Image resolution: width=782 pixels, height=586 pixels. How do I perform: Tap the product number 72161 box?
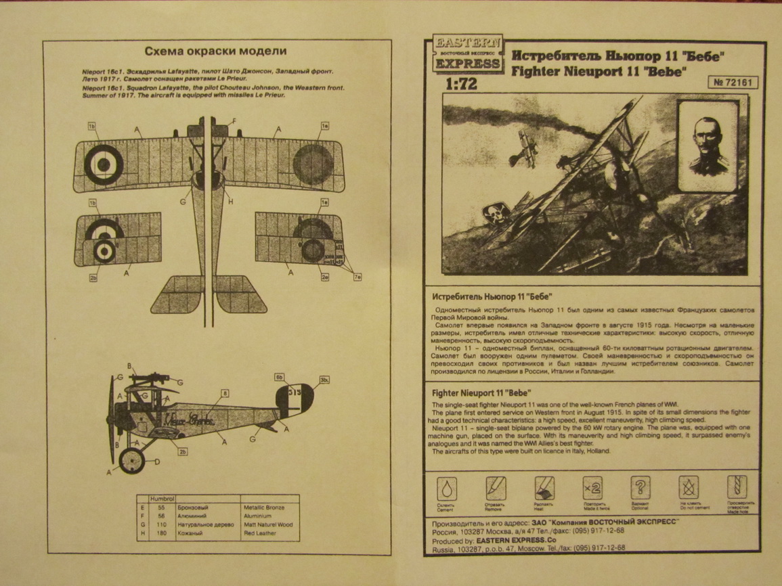(x=734, y=83)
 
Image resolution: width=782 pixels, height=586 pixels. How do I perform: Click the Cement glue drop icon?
(x=446, y=488)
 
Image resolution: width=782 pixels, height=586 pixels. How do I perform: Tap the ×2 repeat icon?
(x=592, y=487)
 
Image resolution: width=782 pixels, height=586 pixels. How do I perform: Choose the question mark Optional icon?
(x=640, y=487)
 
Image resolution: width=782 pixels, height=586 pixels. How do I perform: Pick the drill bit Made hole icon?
(x=737, y=487)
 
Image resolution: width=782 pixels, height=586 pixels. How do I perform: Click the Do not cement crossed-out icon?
(x=689, y=487)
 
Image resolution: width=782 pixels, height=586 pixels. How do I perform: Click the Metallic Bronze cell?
(x=263, y=507)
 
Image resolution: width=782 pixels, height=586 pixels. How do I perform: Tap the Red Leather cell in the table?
(x=260, y=533)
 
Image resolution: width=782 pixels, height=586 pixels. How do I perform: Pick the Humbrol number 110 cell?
(x=161, y=524)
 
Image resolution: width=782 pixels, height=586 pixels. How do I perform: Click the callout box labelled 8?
(x=225, y=392)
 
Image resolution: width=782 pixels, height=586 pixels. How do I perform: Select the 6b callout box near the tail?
(x=278, y=377)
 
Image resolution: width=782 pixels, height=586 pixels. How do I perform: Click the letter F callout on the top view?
(x=234, y=122)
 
